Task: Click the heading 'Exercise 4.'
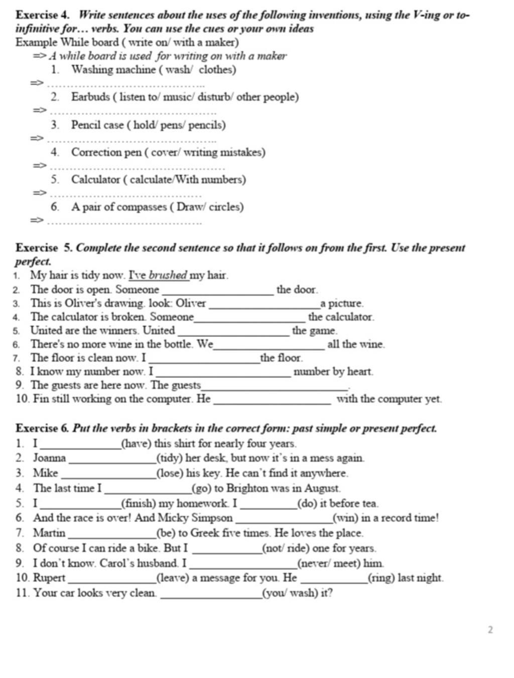(x=44, y=15)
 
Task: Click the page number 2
(x=490, y=629)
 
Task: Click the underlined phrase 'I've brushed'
(x=158, y=275)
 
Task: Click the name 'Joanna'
(x=49, y=458)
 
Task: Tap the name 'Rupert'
(x=49, y=578)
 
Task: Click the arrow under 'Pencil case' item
(x=37, y=138)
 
